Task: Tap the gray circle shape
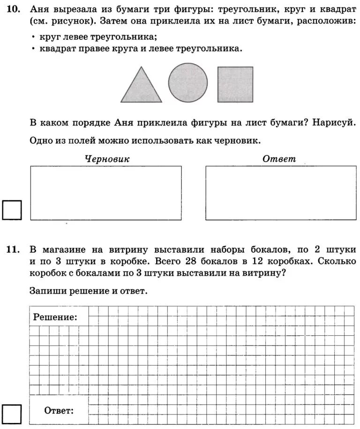(x=188, y=83)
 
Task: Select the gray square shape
(x=235, y=84)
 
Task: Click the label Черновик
(x=107, y=159)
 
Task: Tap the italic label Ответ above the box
(x=279, y=159)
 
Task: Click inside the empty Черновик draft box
(x=106, y=192)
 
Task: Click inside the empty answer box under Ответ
(x=280, y=192)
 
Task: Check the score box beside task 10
(x=12, y=210)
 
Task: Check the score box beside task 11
(x=12, y=413)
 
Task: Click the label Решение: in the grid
(x=55, y=317)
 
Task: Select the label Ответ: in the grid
(x=59, y=411)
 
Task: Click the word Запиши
(x=45, y=291)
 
